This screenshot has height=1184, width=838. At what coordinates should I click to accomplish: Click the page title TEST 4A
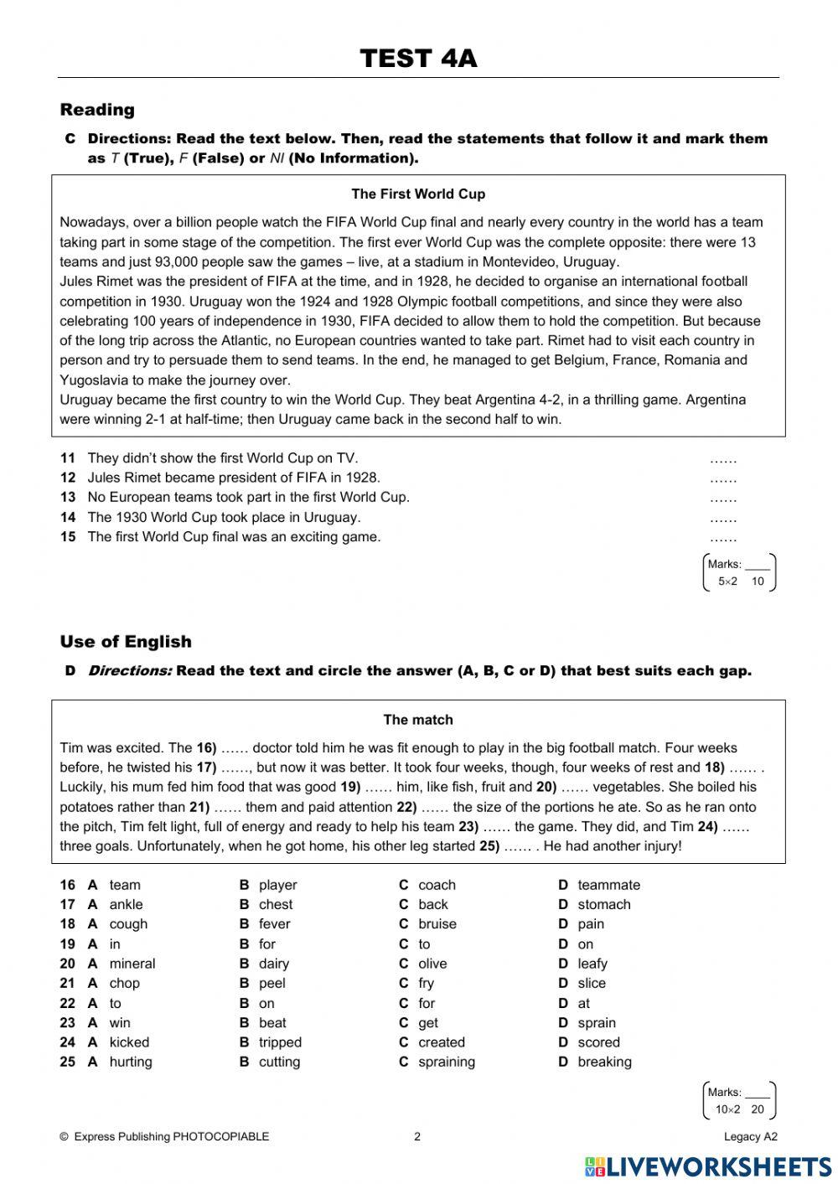click(418, 59)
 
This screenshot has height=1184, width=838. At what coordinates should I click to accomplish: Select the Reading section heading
click(97, 110)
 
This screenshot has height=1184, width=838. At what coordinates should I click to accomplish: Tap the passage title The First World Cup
click(418, 194)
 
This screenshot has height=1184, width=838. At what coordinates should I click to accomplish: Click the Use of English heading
click(126, 642)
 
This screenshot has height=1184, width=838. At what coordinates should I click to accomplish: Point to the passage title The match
click(418, 720)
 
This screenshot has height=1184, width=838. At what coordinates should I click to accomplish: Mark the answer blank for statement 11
click(722, 459)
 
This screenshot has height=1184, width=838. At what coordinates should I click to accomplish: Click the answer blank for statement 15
click(722, 538)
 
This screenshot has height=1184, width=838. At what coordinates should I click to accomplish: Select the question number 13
click(68, 498)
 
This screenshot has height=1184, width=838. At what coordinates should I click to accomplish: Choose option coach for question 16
click(437, 885)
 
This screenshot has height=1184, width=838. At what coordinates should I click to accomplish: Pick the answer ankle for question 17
click(126, 905)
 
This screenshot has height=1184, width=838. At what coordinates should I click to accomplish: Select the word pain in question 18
click(591, 924)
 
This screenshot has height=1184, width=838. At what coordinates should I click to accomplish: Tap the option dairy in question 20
click(274, 964)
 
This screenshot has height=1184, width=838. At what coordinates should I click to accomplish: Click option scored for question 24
click(598, 1042)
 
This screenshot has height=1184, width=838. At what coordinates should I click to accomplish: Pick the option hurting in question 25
click(131, 1062)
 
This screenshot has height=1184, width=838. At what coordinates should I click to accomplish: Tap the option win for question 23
click(120, 1023)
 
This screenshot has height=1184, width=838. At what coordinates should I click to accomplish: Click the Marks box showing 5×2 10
click(739, 572)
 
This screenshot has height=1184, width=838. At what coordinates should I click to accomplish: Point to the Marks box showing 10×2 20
click(739, 1100)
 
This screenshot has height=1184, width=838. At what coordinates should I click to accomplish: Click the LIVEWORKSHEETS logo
click(708, 1166)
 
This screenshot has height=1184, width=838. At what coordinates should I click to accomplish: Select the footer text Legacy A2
click(751, 1137)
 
